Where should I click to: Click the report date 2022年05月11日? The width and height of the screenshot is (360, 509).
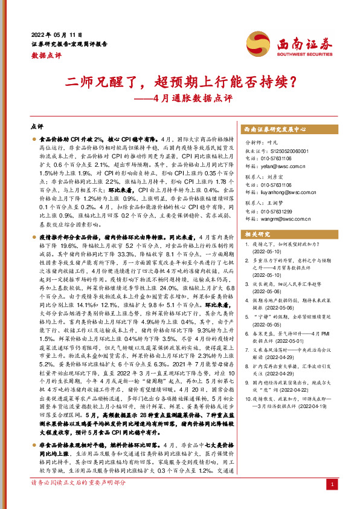[x=55, y=34]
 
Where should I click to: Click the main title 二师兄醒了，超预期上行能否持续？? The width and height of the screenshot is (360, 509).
[x=179, y=80]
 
